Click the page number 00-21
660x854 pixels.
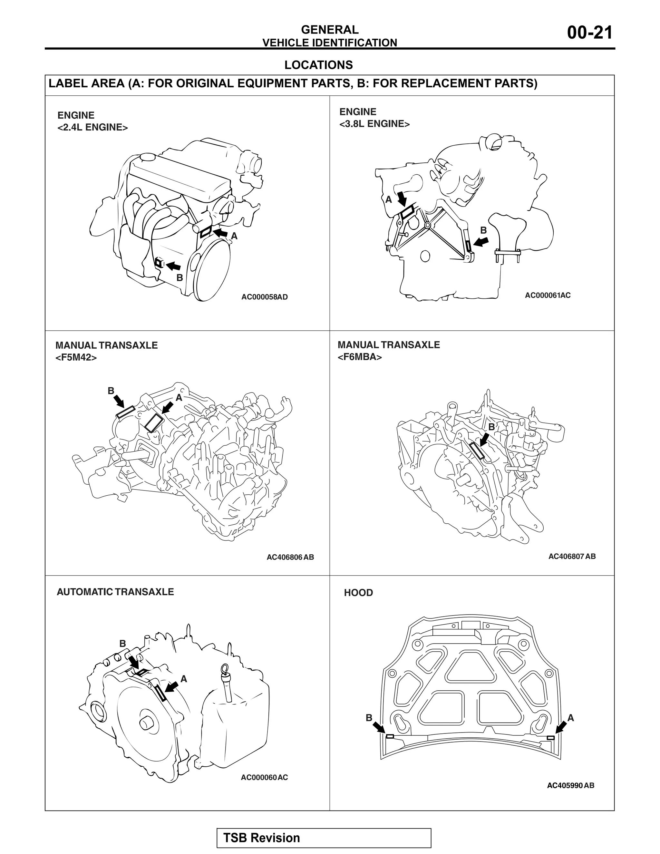tap(590, 33)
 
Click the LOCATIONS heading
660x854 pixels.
tap(318, 65)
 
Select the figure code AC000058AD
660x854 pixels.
tap(264, 297)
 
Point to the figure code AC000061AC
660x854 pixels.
tap(548, 295)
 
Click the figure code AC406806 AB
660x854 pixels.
tap(290, 557)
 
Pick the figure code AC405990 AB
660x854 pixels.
tap(570, 785)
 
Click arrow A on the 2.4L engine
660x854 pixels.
tap(221, 233)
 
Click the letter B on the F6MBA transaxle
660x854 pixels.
tap(491, 427)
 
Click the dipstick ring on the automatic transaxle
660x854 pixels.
tap(224, 669)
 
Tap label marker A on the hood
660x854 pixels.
tap(550, 737)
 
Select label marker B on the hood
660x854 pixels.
tap(390, 736)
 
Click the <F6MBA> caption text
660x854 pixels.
tap(359, 357)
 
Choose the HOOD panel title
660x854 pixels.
tap(358, 592)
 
